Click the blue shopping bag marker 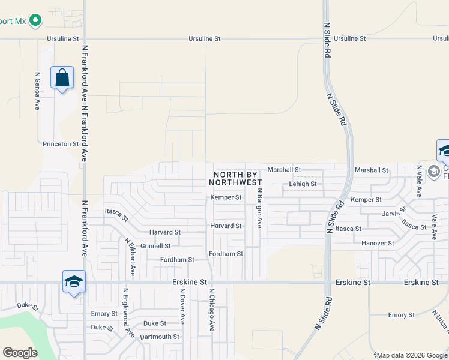[62, 78]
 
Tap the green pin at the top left [35, 20]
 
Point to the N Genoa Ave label [37, 91]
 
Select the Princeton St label [61, 144]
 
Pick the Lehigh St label [303, 184]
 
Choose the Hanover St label [378, 243]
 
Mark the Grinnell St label [155, 246]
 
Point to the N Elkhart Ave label [128, 256]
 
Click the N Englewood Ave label [127, 312]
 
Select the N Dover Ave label [182, 306]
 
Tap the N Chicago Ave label [211, 310]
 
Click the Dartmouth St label [160, 337]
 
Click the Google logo [20, 353]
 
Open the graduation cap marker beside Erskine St [74, 281]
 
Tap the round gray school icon [434, 172]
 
